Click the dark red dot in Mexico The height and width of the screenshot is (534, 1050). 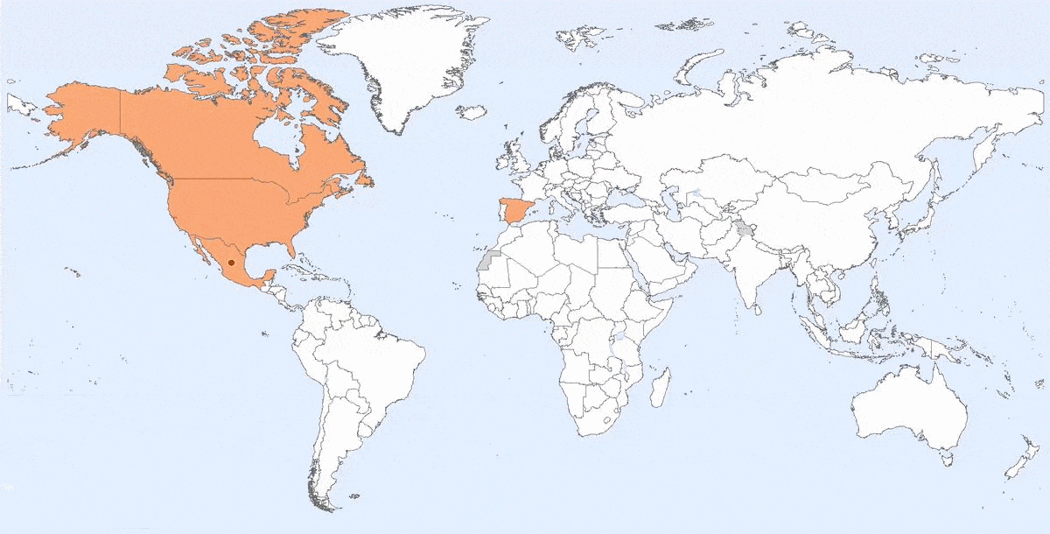tap(231, 262)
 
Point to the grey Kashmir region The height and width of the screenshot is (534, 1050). tap(745, 229)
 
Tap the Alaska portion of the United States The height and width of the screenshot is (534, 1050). tap(83, 114)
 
